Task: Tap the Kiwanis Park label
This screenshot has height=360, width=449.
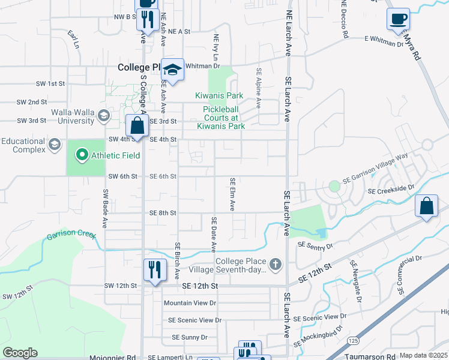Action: (219, 95)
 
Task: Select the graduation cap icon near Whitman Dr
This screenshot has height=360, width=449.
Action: (172, 70)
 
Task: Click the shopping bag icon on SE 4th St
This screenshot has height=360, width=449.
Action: (137, 127)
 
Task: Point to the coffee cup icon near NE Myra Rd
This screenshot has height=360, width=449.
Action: (399, 19)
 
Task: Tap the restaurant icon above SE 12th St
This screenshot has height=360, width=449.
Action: (154, 269)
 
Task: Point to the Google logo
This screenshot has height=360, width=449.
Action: (20, 353)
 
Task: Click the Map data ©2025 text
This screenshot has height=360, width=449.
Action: (424, 356)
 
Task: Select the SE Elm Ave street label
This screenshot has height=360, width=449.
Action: (232, 194)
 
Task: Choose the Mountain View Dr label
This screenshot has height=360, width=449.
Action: (190, 303)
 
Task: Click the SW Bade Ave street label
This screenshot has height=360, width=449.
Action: (104, 209)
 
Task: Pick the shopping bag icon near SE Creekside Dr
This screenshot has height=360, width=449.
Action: (426, 206)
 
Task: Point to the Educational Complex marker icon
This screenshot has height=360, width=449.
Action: (55, 145)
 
